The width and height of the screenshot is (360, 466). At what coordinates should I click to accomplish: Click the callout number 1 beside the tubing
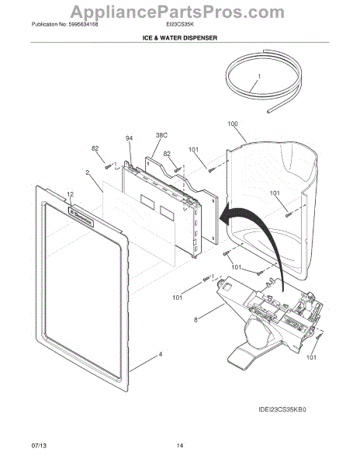(259, 77)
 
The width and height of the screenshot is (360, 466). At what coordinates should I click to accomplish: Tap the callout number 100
(233, 123)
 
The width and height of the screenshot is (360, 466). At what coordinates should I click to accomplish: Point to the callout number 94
(130, 139)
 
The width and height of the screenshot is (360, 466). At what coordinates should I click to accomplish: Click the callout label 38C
(161, 134)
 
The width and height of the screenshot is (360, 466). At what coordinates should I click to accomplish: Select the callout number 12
(70, 194)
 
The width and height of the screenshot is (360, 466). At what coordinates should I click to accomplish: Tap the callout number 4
(161, 355)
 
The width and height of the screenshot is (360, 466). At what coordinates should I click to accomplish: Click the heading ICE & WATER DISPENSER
(179, 37)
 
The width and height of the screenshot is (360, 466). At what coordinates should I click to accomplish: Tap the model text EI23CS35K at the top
(171, 24)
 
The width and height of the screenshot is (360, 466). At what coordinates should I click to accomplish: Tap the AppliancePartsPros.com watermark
(179, 10)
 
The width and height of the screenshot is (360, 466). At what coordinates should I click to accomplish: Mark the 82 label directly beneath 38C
(165, 154)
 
